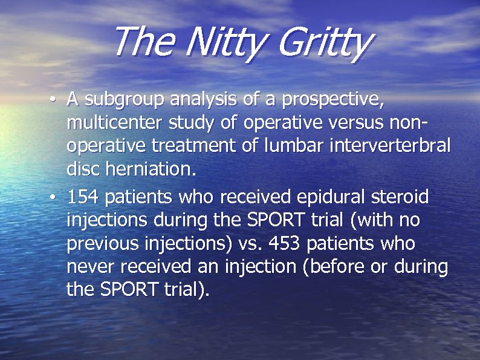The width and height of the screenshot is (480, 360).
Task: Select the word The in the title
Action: point(143,42)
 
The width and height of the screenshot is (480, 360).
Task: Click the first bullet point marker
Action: point(54,99)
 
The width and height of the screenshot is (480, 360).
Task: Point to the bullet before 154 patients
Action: point(54,198)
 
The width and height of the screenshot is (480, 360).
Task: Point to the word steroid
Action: point(400,197)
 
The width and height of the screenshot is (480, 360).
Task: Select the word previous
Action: point(101,244)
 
